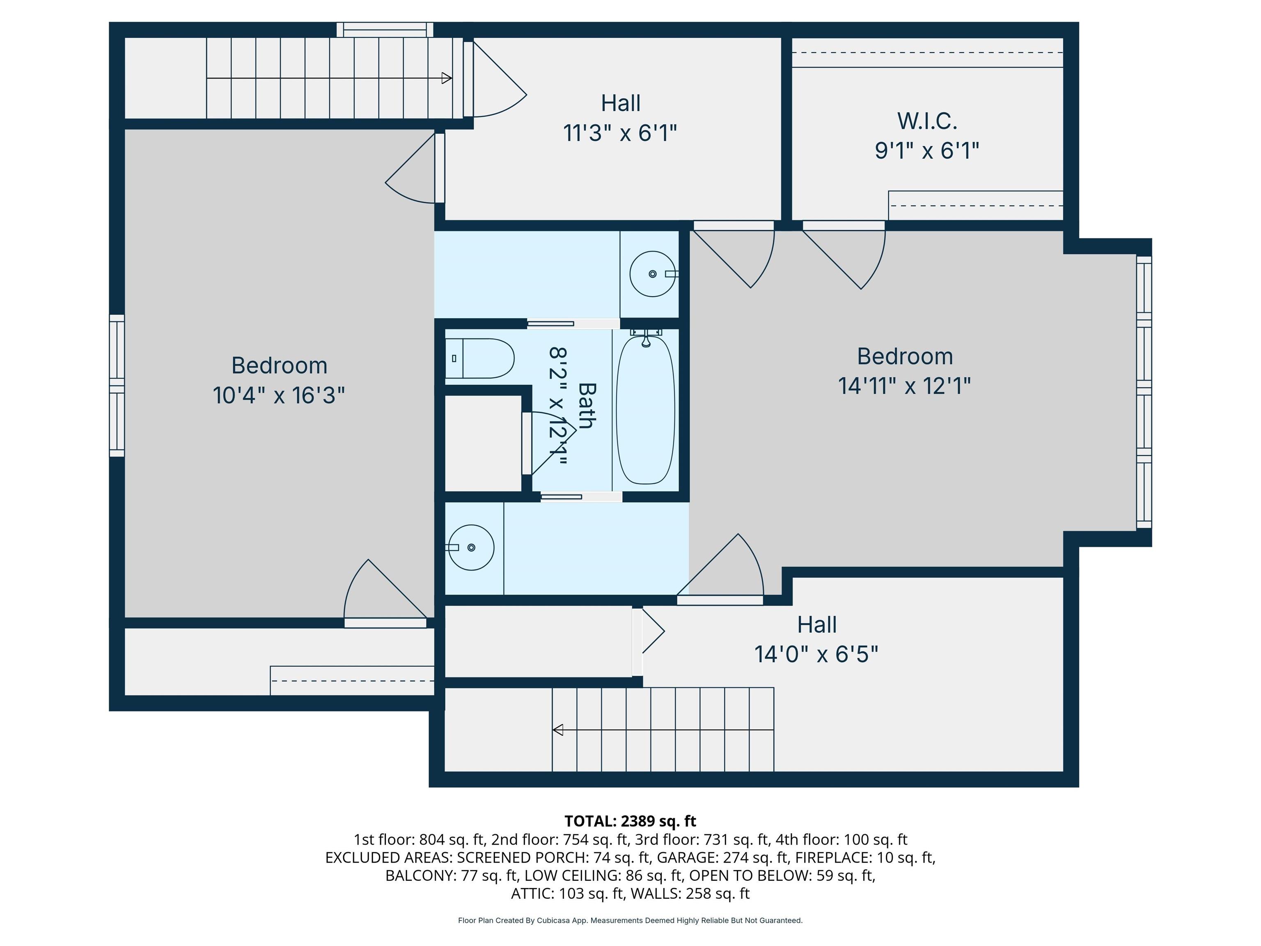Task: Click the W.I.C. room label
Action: tap(927, 121)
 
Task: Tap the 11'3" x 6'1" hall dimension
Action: tap(620, 133)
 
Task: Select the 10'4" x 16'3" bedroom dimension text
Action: tap(279, 395)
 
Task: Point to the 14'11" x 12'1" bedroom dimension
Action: tap(905, 386)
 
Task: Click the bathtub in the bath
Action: tap(645, 410)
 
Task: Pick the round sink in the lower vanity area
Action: tap(470, 547)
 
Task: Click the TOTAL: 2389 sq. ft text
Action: tap(630, 821)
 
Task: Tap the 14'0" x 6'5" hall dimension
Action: tap(816, 654)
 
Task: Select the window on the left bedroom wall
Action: tap(117, 386)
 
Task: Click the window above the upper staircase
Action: tap(385, 30)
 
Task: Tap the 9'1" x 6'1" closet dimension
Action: tap(927, 151)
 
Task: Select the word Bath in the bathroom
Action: tap(587, 405)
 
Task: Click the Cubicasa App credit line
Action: tap(630, 921)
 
